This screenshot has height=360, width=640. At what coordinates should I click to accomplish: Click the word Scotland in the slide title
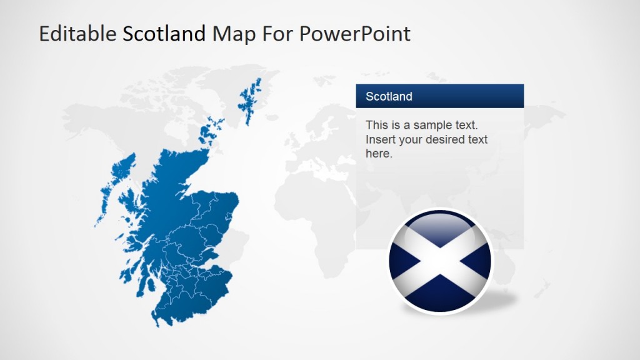pos(164,34)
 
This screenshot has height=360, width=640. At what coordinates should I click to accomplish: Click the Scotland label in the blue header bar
pos(389,96)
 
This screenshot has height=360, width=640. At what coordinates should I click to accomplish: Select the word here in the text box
pos(378,154)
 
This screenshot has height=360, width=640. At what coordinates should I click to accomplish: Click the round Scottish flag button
pos(440,261)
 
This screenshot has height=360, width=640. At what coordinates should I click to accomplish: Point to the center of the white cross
pos(440,261)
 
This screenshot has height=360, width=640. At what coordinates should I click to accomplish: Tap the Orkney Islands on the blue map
pos(209,133)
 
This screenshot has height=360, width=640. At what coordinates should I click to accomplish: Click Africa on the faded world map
pos(319,206)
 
